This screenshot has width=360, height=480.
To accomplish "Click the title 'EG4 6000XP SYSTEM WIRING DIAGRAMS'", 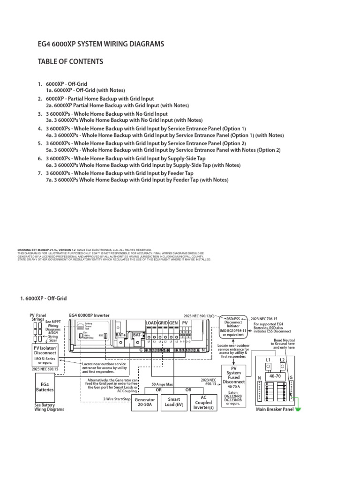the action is (101, 44).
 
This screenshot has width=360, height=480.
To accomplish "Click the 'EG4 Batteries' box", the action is (45, 387).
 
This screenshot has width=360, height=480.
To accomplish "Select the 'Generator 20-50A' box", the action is (145, 403).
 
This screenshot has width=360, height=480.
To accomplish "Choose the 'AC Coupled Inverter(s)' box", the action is (203, 403).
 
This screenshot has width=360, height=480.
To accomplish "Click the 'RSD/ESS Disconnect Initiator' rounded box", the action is (233, 326).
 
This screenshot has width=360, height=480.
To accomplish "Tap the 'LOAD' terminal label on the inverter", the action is (151, 323).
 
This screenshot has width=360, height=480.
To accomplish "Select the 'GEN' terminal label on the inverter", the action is (173, 323).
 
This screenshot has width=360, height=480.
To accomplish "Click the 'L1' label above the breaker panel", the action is (269, 360).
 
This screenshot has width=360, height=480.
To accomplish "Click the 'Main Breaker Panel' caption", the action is (274, 409).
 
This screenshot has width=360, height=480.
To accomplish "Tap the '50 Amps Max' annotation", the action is (162, 384).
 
